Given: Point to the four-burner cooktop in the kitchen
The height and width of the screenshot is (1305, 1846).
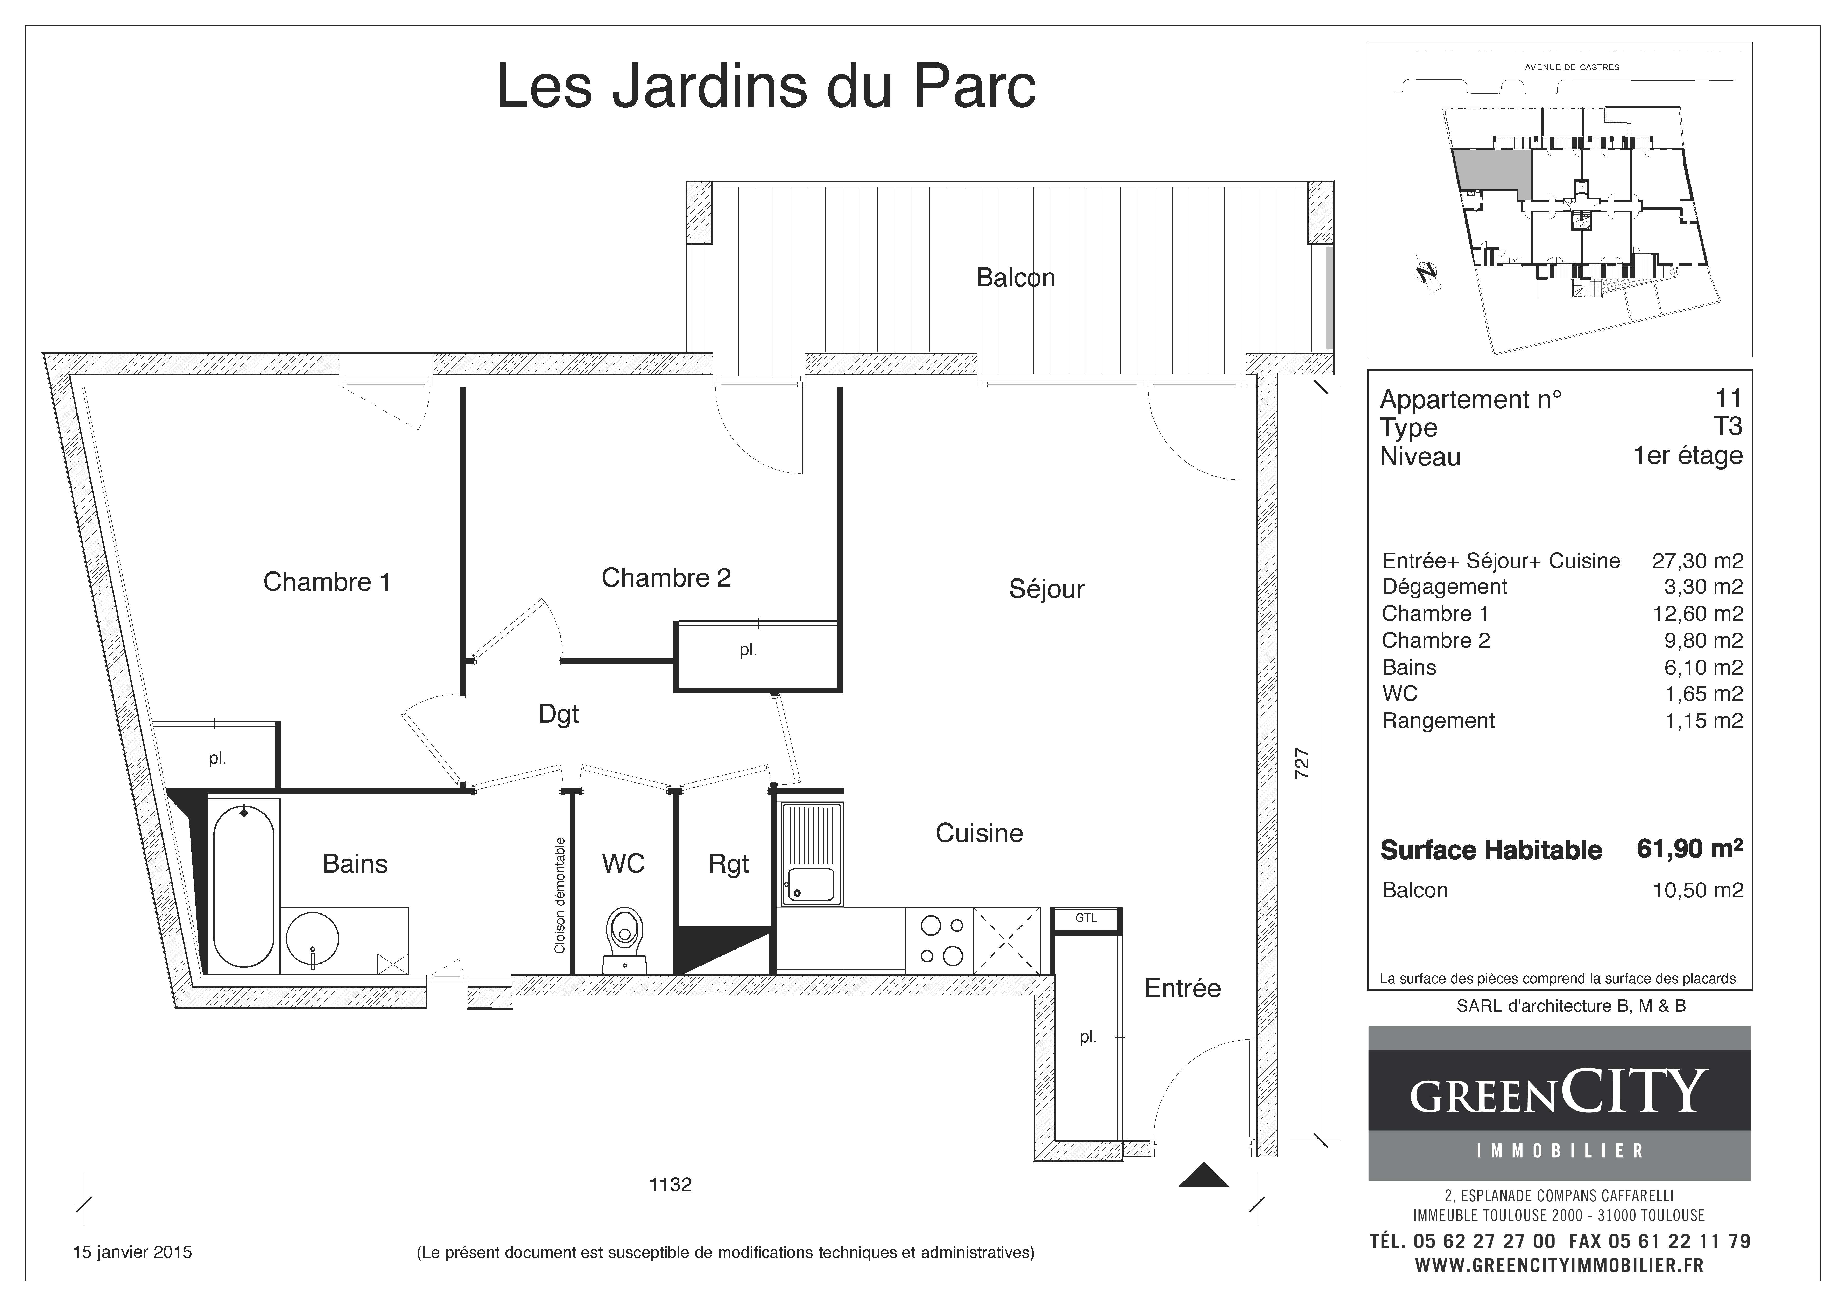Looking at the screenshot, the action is pyautogui.click(x=939, y=941).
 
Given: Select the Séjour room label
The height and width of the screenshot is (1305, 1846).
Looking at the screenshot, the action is pyautogui.click(x=1046, y=589).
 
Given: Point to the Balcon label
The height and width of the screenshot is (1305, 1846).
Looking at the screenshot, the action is pyautogui.click(x=1016, y=277).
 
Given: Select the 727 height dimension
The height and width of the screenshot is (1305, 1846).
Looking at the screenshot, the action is pyautogui.click(x=1302, y=763).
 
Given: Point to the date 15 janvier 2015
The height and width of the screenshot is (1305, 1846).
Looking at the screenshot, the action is pyautogui.click(x=133, y=1252).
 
